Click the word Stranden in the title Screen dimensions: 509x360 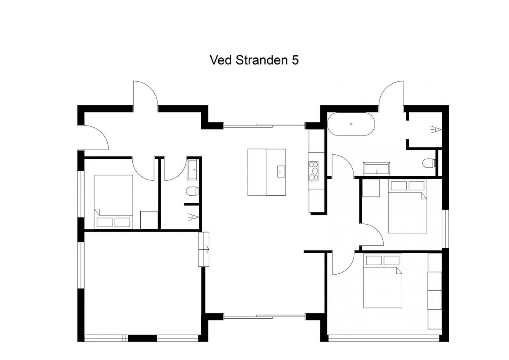coord(262,60)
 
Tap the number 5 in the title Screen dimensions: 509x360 coord(295,60)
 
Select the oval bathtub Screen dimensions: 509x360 coord(351,124)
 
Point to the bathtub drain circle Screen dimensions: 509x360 coord(351,124)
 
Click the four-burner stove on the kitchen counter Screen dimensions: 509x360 coord(313,171)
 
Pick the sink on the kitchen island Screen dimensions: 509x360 coord(281,171)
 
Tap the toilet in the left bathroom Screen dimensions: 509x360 coord(193,191)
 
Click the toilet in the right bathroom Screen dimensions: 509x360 coord(429,163)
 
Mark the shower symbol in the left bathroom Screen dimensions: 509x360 coord(193,217)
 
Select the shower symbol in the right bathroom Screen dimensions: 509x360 coord(436,129)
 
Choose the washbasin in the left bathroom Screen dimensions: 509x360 coord(193,170)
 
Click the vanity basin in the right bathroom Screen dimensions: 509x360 coord(377,169)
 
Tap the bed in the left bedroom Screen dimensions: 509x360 coord(113,202)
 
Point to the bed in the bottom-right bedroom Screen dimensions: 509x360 coord(383,281)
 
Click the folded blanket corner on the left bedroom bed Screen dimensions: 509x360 coord(97,212)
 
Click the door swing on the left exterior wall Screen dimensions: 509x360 coord(95,137)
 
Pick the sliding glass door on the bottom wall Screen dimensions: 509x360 coord(264,316)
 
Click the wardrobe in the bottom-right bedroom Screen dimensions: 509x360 coord(435,291)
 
